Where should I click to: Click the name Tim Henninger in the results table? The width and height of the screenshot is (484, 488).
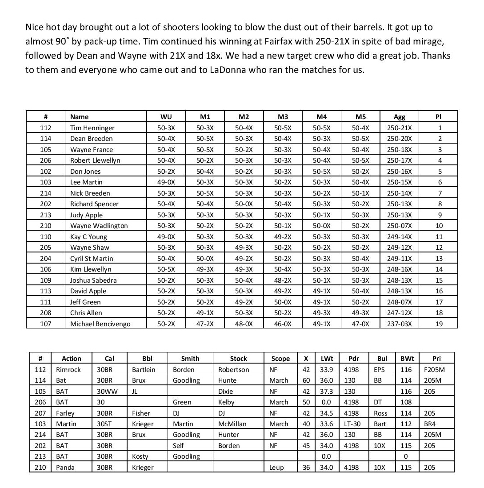(92, 128)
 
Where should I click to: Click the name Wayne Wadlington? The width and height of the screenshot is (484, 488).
(99, 226)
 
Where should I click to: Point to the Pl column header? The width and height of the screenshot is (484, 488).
(439, 117)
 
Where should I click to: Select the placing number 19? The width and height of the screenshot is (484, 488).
(439, 324)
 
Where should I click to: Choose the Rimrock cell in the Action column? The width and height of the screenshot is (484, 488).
(68, 370)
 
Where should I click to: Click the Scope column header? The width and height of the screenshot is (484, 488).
(280, 359)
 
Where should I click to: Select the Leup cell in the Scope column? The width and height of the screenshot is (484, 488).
(276, 468)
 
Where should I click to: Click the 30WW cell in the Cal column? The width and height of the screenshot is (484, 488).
(106, 392)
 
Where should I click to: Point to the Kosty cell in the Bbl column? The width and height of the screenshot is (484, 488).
(140, 456)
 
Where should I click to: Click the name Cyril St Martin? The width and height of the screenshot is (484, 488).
(92, 259)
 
